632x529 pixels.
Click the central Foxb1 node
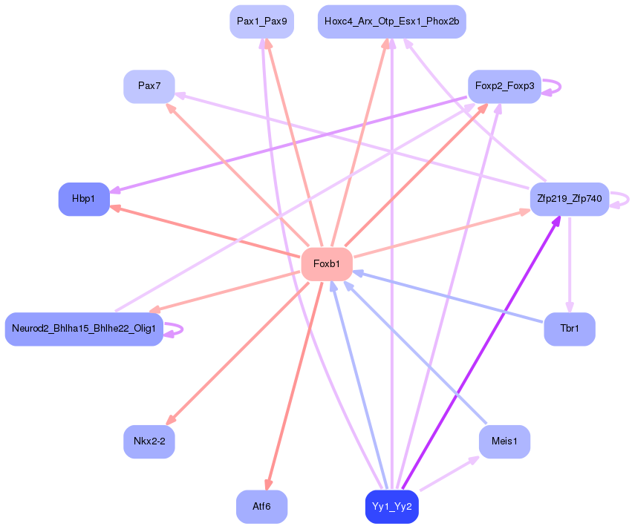pos(327,264)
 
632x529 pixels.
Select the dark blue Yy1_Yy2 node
pos(392,507)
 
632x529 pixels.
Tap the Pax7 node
pos(149,86)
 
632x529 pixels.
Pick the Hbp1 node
pos(84,199)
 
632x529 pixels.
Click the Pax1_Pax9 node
pos(261,22)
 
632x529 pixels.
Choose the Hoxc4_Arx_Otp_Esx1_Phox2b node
pos(392,22)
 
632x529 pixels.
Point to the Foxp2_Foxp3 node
pos(504,86)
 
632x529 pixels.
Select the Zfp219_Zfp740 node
pos(570,199)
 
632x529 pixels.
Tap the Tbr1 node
pos(570,329)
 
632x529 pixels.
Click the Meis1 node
pos(504,441)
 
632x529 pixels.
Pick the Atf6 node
pos(261,507)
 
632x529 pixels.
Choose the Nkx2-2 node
pos(149,441)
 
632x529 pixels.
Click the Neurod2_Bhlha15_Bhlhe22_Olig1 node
pos(84,329)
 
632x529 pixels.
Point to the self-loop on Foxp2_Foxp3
pos(551,87)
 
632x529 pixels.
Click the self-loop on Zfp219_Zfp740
pos(619,200)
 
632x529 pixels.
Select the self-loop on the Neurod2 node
pos(174,329)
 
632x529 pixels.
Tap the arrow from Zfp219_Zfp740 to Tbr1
pos(570,264)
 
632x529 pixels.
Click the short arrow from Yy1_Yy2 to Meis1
pos(449,473)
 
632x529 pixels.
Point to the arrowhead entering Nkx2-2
pos(171,420)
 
